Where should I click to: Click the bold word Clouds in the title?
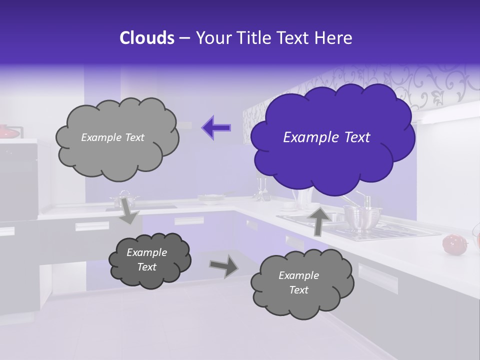[x=147, y=38]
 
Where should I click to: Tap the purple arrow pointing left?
[x=216, y=128]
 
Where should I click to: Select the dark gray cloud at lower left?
[x=149, y=260]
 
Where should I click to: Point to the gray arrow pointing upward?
[x=318, y=220]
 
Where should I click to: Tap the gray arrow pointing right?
[x=224, y=266]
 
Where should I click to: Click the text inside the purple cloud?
[x=326, y=137]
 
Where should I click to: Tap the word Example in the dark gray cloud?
[x=147, y=252]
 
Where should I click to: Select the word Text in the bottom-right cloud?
[x=299, y=290]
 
